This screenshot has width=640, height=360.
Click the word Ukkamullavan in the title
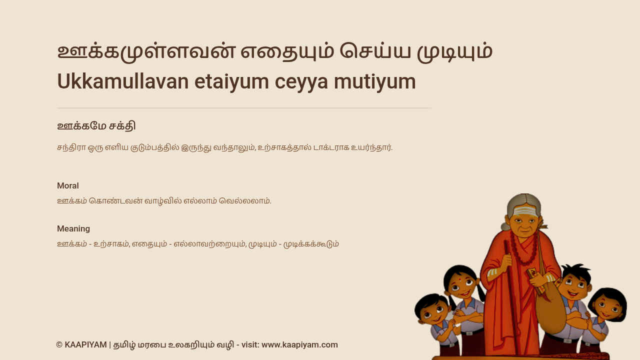pyautogui.click(x=123, y=81)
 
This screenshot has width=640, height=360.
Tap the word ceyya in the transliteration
pyautogui.click(x=301, y=83)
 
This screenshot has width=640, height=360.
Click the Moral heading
pyautogui.click(x=67, y=185)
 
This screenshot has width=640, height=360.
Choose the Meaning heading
pyautogui.click(x=73, y=229)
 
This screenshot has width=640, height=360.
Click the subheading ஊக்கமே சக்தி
pyautogui.click(x=96, y=126)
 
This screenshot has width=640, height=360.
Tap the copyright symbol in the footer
pyautogui.click(x=59, y=345)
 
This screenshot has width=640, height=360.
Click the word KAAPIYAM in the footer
pyautogui.click(x=85, y=345)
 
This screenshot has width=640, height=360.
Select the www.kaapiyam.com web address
pyautogui.click(x=299, y=345)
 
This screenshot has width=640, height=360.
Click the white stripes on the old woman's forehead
pyautogui.click(x=525, y=211)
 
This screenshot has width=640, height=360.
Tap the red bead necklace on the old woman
pyautogui.click(x=523, y=251)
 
